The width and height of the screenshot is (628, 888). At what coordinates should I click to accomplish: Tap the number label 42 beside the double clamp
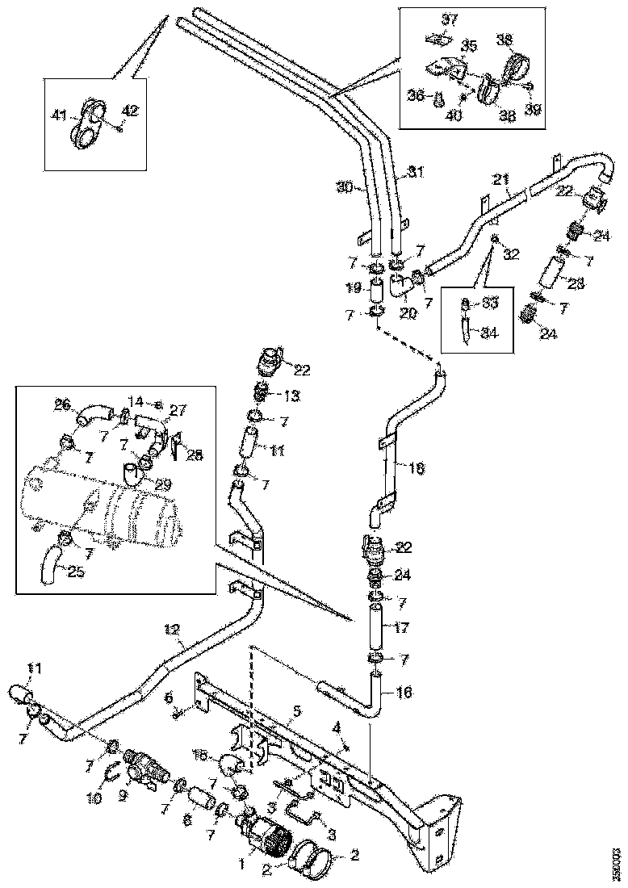point(129,111)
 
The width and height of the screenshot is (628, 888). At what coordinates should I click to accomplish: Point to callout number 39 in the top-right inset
point(533,107)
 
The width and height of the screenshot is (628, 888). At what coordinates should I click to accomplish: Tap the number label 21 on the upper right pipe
point(501,179)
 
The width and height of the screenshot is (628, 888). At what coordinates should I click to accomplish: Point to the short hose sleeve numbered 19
point(377,287)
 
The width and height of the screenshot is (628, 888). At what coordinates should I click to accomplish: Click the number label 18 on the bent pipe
point(393,467)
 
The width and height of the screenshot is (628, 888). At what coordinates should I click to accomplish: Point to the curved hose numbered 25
point(50,560)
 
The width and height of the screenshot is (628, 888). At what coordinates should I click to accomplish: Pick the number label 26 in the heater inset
point(63,404)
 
